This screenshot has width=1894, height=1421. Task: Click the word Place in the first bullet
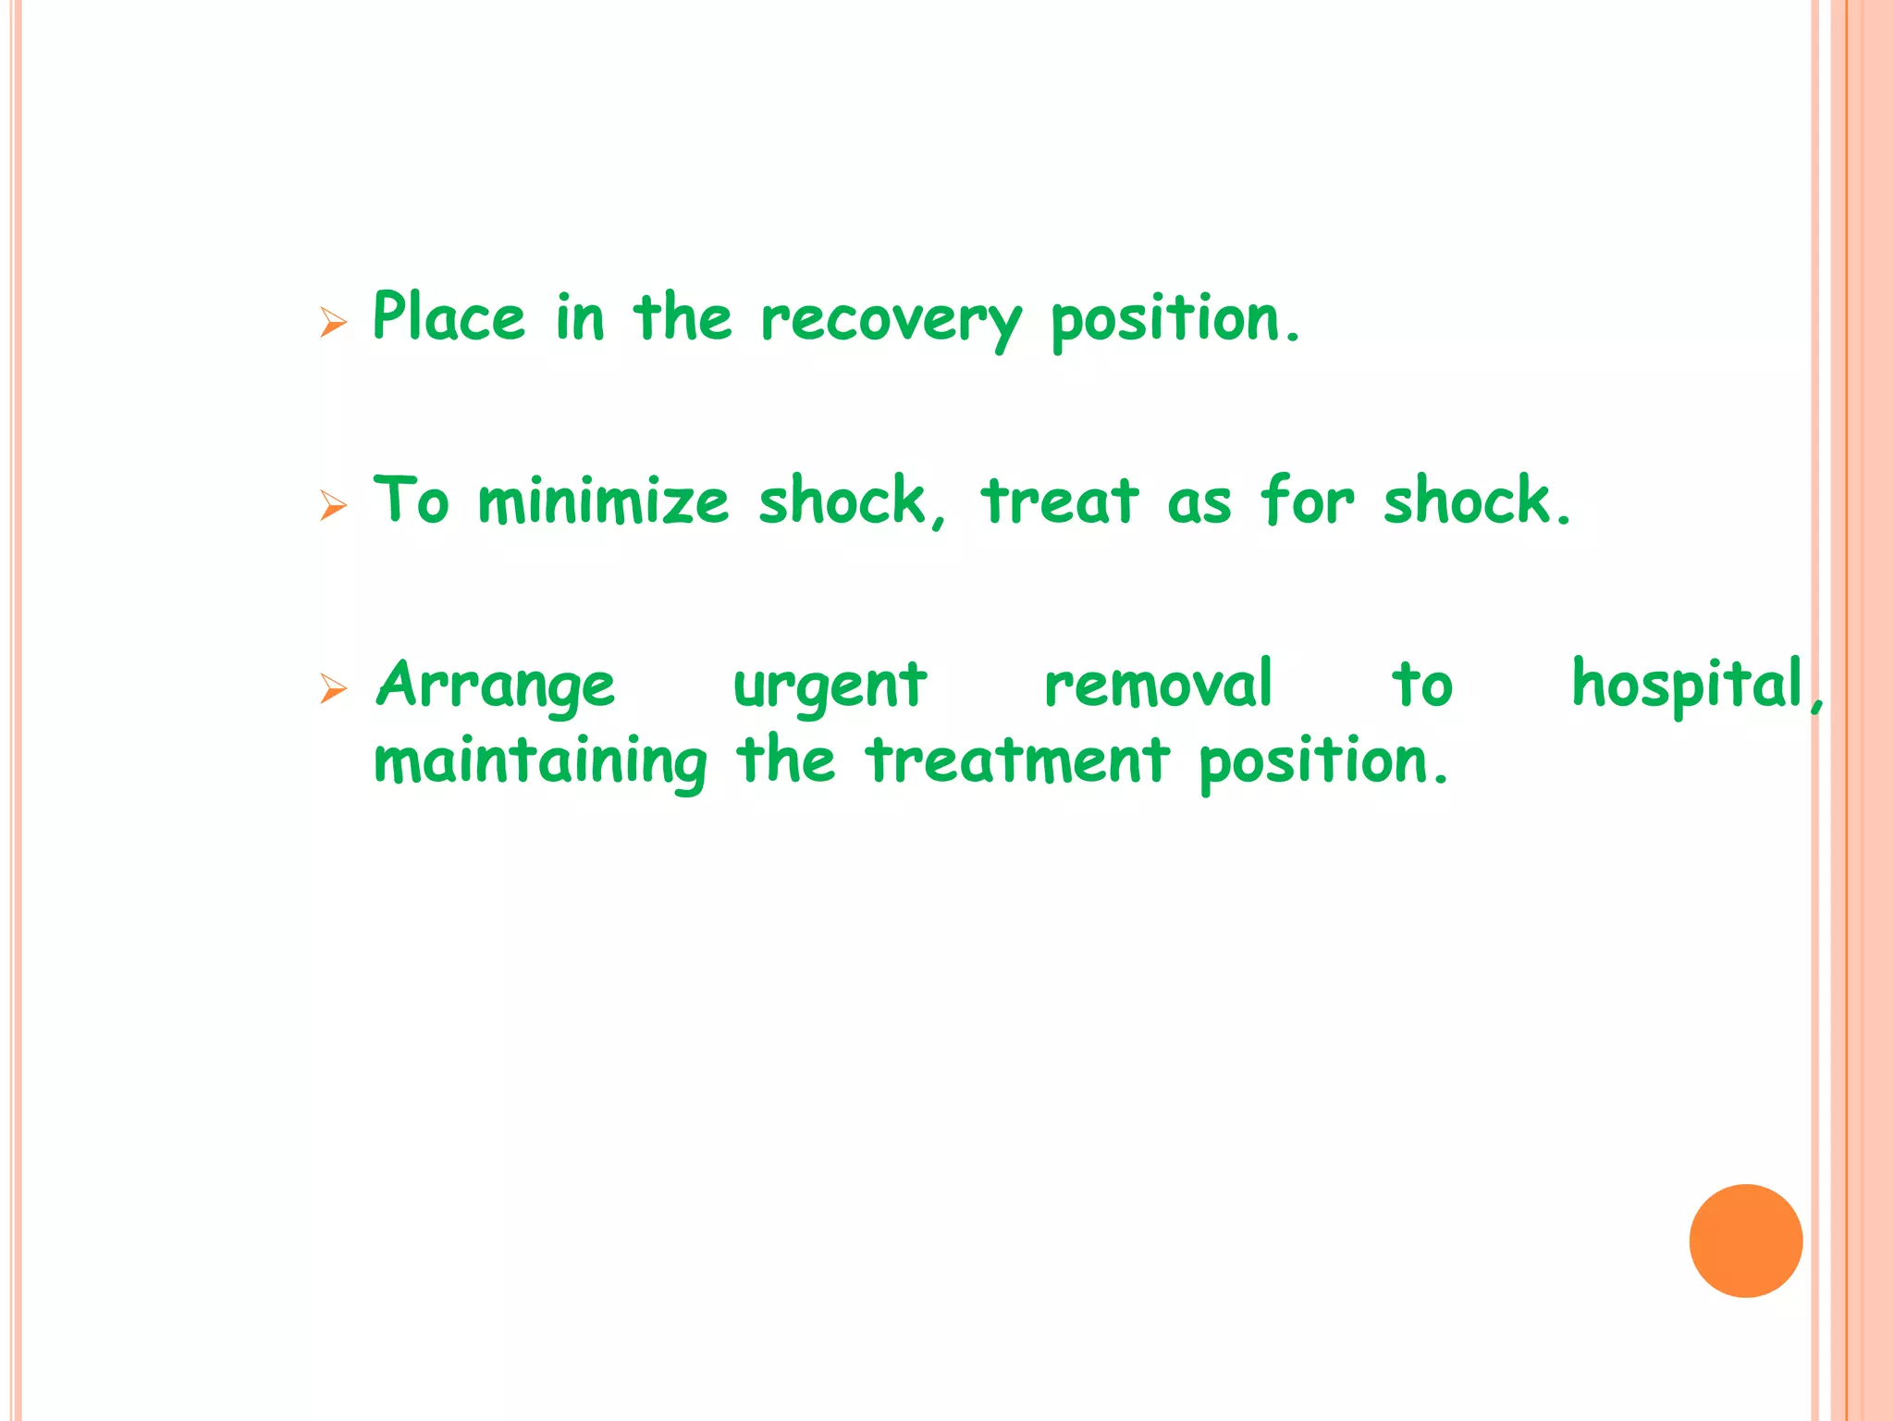(x=449, y=316)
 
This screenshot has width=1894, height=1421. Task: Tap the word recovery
(x=892, y=320)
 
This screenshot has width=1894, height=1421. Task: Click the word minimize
(x=603, y=501)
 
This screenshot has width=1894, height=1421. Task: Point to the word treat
(x=1060, y=501)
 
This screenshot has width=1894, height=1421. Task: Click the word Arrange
(x=496, y=686)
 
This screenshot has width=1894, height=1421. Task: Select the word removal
(x=1158, y=685)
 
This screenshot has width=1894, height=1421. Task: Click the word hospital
(x=1689, y=686)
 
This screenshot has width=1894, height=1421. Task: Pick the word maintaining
(x=540, y=762)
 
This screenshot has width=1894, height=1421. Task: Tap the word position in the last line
(x=1322, y=762)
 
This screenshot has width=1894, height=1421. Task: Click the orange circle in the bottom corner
(x=1745, y=1241)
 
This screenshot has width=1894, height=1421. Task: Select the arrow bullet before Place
(x=333, y=322)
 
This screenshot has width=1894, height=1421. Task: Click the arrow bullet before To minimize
(x=333, y=505)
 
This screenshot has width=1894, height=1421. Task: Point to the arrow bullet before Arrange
(x=333, y=688)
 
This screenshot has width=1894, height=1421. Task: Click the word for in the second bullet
(x=1307, y=501)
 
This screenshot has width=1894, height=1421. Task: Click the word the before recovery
(x=683, y=317)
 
